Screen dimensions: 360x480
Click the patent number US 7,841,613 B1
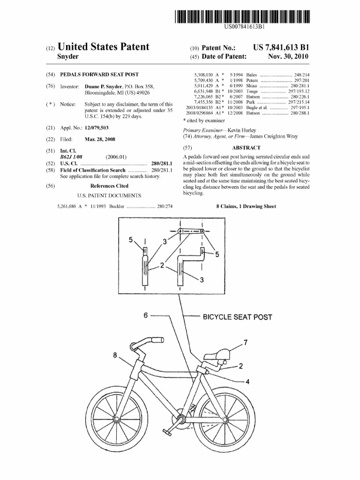(281, 47)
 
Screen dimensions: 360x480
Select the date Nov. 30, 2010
(288, 57)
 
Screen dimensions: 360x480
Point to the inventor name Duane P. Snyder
(104, 87)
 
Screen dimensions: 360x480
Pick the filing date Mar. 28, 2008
(100, 139)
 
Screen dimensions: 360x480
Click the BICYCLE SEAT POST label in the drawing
(237, 317)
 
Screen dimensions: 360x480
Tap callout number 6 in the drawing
(146, 315)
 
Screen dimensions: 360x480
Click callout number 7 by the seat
(245, 341)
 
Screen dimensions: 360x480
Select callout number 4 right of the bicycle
(247, 381)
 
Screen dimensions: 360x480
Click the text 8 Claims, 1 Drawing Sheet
(246, 206)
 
